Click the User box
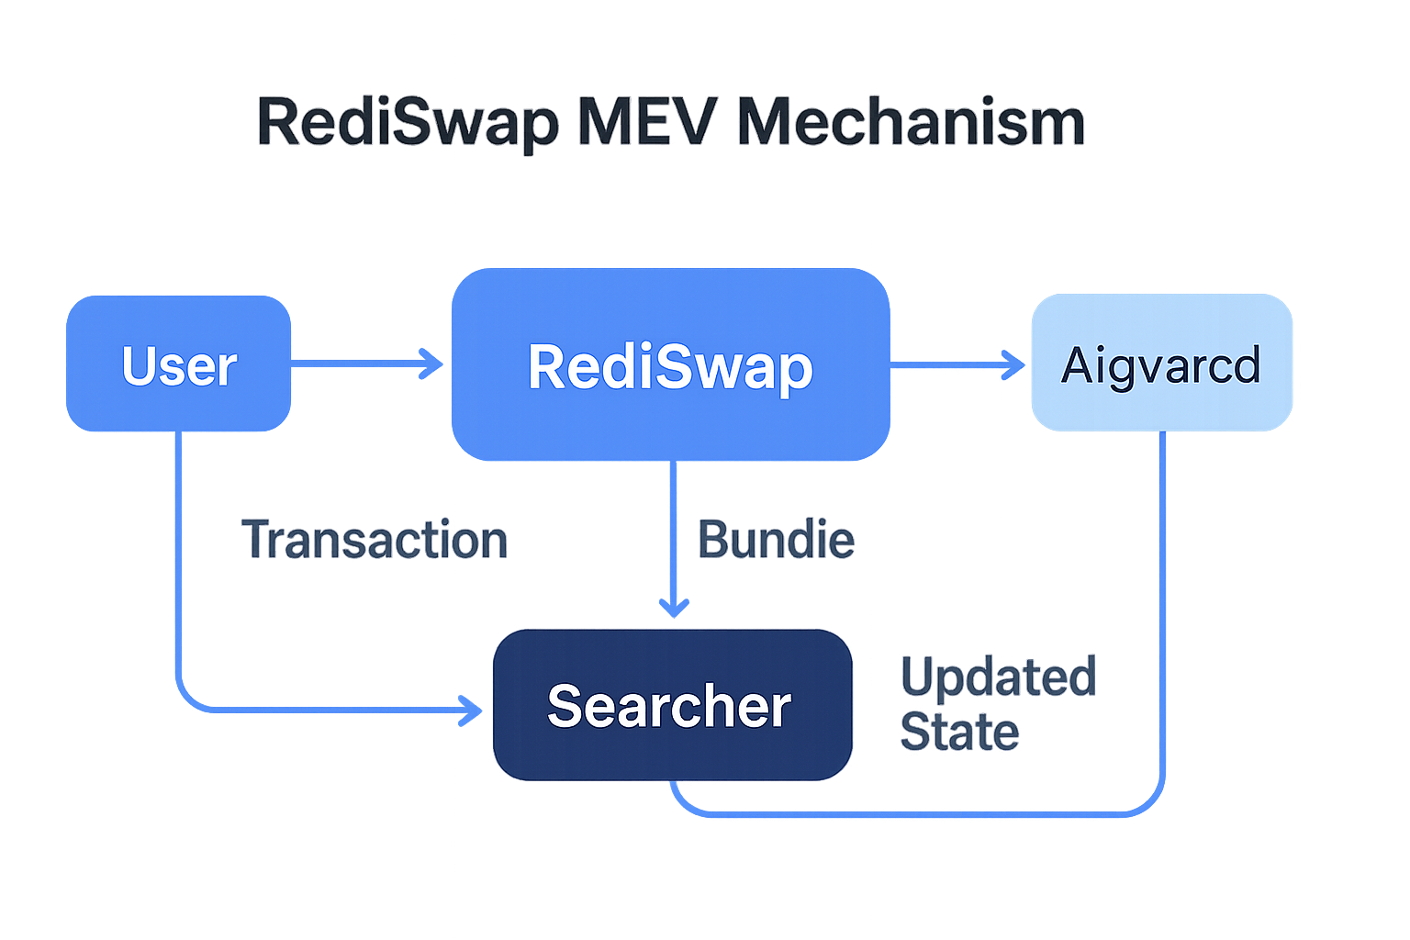point(179,364)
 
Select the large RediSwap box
point(670,364)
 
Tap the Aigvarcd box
point(1161,363)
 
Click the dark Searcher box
point(672,705)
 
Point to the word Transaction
point(375,540)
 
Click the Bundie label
point(776,540)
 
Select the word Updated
point(998,677)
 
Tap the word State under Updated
point(959,732)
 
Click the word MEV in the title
point(646,121)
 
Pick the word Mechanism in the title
point(911,121)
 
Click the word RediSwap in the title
point(408,122)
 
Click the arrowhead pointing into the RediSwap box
point(432,364)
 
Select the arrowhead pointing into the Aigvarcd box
point(1014,364)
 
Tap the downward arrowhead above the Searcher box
point(674,607)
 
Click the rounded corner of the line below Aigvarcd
point(1152,803)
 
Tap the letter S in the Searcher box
point(565,706)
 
